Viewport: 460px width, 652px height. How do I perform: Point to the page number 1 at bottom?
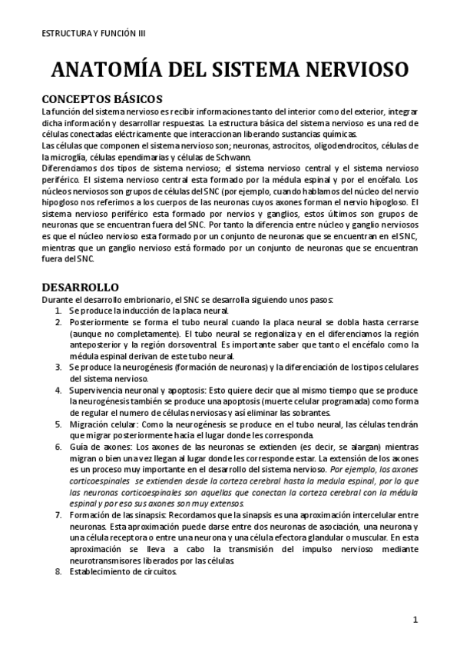(415, 620)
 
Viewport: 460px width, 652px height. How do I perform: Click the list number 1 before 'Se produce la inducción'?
(59, 310)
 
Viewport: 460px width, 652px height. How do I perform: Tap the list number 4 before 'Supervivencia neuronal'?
(59, 391)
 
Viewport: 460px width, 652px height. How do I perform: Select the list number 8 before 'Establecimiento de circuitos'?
(59, 571)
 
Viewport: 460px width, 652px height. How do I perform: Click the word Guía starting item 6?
(78, 447)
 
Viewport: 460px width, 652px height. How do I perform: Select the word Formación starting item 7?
(91, 514)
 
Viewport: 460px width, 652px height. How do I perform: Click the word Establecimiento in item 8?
(100, 571)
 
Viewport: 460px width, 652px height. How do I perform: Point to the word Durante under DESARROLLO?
(58, 298)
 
